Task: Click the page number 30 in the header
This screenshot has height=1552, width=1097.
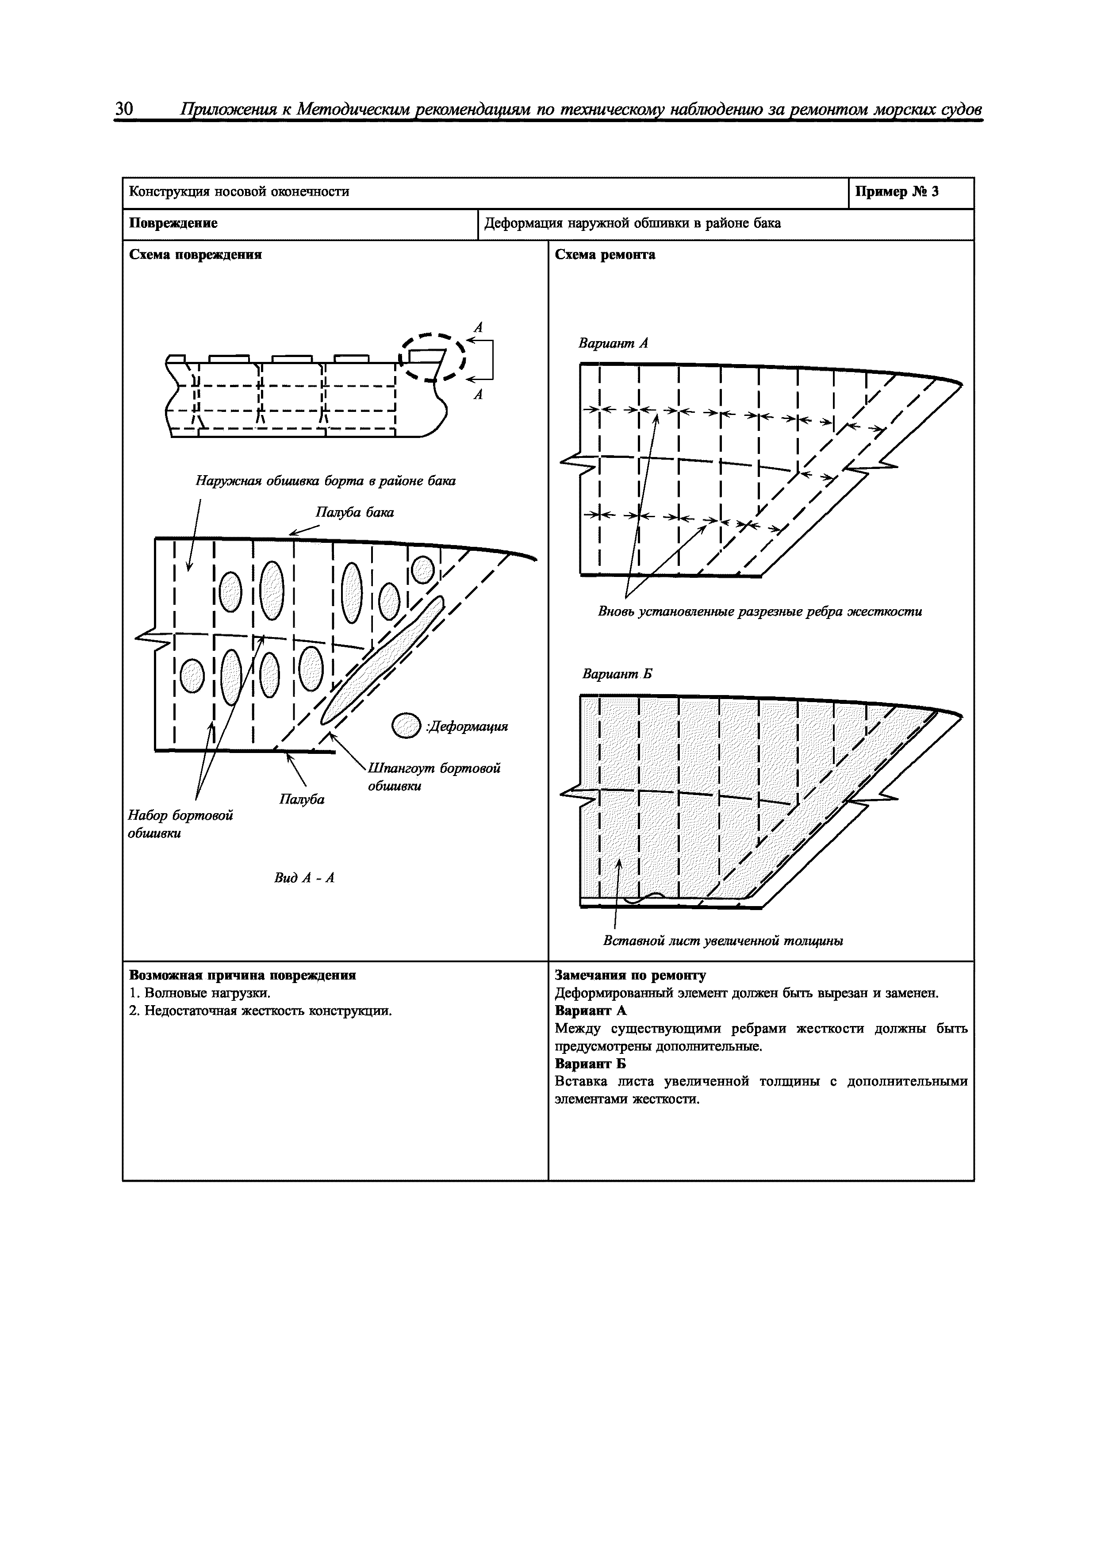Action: [x=124, y=110]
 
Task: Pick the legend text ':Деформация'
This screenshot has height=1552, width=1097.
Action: [x=466, y=727]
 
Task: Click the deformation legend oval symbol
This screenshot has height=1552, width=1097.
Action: [x=406, y=726]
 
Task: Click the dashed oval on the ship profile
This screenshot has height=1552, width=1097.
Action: [x=433, y=357]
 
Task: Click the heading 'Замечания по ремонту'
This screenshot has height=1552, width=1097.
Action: [x=630, y=976]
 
